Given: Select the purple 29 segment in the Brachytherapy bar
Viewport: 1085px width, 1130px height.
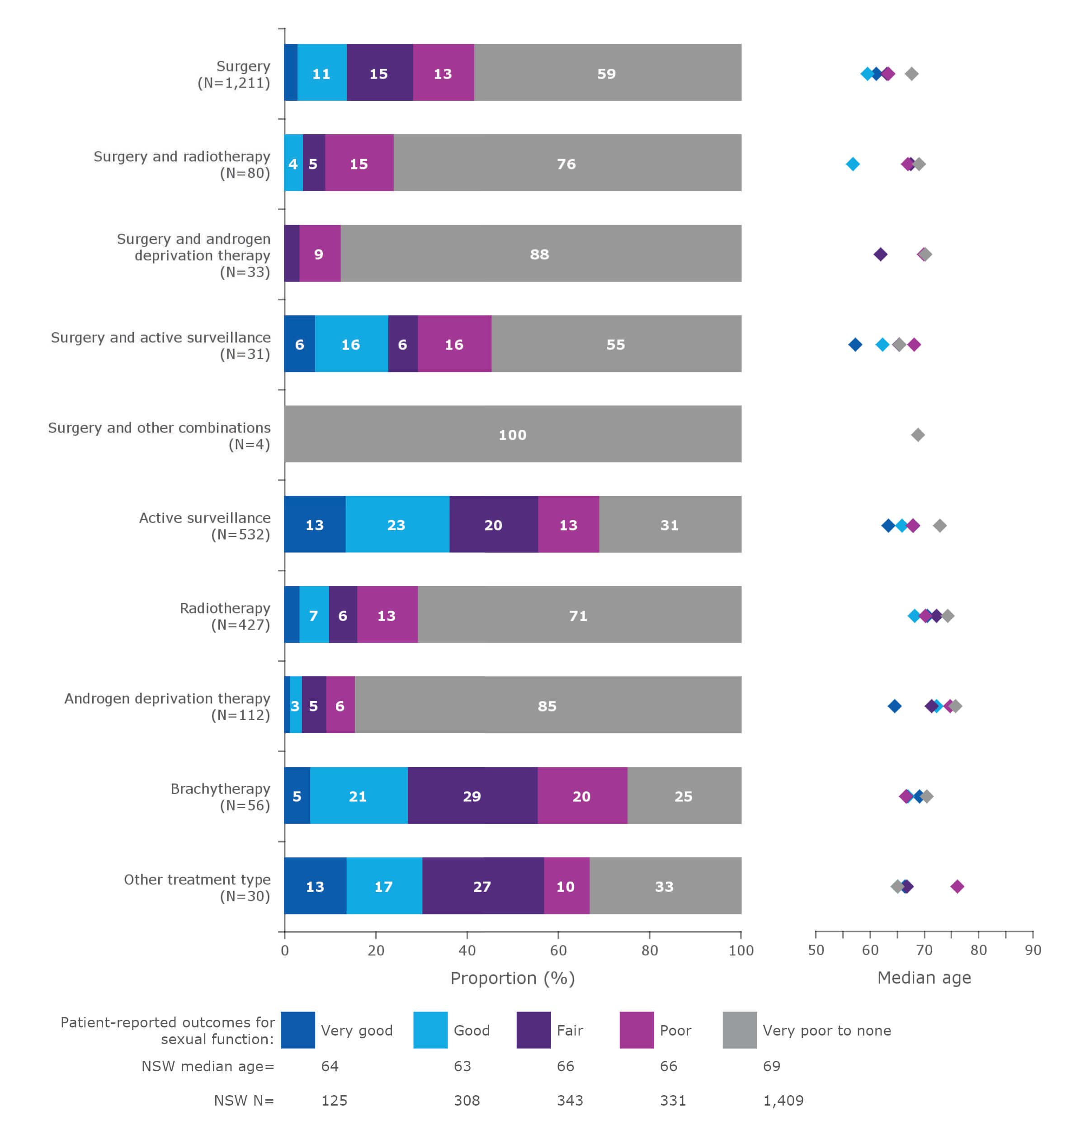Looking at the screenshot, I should [472, 796].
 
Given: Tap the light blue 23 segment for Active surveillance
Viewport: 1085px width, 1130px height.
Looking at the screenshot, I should [396, 525].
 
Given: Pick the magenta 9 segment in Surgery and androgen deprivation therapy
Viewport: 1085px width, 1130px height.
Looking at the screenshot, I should [319, 254].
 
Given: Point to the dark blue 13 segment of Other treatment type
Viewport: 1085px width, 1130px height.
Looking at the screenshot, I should [315, 886].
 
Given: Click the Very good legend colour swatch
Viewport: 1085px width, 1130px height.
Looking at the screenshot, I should [297, 1030].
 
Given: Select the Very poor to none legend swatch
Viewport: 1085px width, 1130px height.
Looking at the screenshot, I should [739, 1030].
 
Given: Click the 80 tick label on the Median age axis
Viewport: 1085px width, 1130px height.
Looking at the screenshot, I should [978, 950].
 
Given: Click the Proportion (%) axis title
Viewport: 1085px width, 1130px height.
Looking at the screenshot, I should [512, 978].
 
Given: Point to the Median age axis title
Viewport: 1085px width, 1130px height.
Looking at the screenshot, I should [924, 977].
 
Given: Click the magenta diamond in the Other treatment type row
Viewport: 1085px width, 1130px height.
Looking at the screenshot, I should [957, 886].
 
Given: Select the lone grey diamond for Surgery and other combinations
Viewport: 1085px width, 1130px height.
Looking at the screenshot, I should [918, 435].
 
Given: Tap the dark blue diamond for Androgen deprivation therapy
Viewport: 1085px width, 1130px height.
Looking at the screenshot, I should [894, 706].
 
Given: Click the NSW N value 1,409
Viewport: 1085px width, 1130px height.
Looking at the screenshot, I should [783, 1100].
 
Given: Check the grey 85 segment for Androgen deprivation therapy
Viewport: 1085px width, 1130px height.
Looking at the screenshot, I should [547, 706].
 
